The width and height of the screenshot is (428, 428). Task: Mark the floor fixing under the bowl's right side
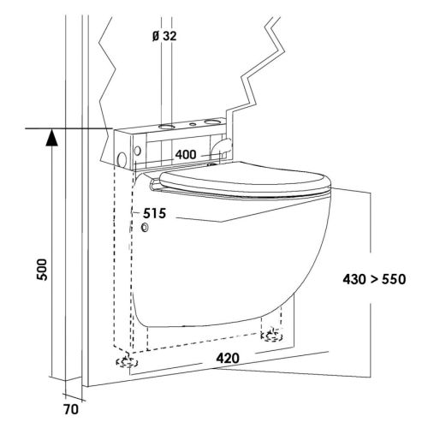point(274,334)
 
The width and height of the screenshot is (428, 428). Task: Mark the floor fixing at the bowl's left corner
point(123,362)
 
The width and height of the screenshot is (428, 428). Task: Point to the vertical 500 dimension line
point(51,257)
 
